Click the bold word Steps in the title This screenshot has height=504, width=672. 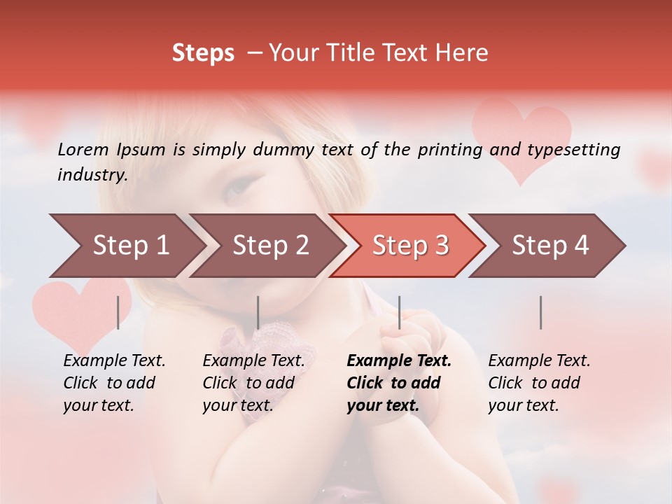point(203,53)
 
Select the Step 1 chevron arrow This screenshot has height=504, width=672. point(126,246)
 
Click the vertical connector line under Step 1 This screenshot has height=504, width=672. point(118,312)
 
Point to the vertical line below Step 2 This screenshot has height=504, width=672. point(258,312)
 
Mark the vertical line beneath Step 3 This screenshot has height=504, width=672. point(400,312)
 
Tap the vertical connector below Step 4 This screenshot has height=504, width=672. point(540,312)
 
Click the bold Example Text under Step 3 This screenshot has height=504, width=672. point(399,361)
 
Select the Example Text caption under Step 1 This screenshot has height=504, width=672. point(114,361)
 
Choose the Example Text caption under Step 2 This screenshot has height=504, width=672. point(253,361)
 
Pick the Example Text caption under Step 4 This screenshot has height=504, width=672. point(539,361)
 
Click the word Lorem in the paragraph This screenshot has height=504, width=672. point(83,149)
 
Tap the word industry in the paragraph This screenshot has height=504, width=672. point(92,174)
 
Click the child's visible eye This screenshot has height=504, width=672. point(239,187)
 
